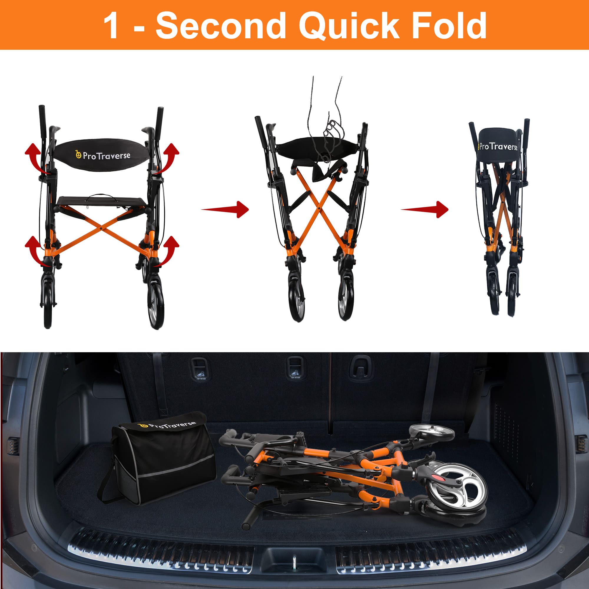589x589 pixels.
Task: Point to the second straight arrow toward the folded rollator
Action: click(x=426, y=209)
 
